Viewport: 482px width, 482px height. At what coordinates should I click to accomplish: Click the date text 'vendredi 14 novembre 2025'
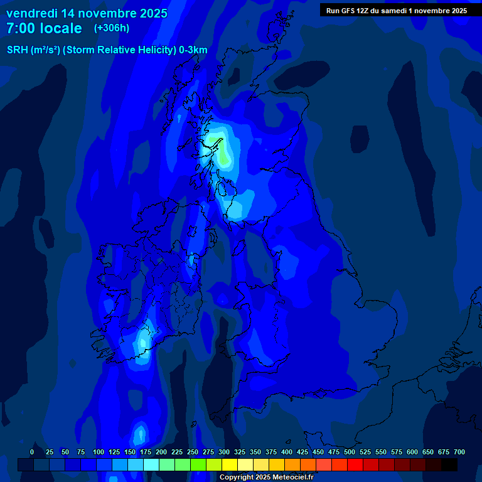(87, 13)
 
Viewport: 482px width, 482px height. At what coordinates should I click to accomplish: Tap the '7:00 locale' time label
(44, 28)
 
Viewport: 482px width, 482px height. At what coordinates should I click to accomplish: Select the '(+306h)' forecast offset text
(112, 28)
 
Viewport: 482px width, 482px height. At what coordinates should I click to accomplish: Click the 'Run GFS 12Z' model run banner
(396, 11)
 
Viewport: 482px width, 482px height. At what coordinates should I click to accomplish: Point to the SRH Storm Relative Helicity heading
(107, 50)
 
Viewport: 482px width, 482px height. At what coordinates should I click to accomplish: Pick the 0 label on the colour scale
(32, 452)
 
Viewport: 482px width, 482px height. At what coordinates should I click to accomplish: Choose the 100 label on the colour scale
(99, 452)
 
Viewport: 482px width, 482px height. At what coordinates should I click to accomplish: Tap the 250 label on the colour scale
(193, 452)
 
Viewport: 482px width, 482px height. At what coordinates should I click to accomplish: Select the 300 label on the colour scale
(224, 452)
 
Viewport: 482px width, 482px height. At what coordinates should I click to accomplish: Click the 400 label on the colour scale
(287, 452)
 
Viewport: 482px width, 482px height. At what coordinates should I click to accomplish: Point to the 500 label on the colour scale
(350, 452)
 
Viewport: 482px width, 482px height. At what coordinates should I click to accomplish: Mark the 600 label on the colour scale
(412, 452)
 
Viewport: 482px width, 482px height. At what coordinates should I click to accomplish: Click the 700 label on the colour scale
(459, 452)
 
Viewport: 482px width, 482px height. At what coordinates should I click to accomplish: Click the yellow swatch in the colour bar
(230, 464)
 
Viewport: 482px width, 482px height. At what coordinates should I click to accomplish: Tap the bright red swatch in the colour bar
(355, 464)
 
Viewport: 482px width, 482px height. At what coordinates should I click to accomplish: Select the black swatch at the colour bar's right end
(449, 464)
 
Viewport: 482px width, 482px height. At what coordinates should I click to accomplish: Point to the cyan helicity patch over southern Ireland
(144, 343)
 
